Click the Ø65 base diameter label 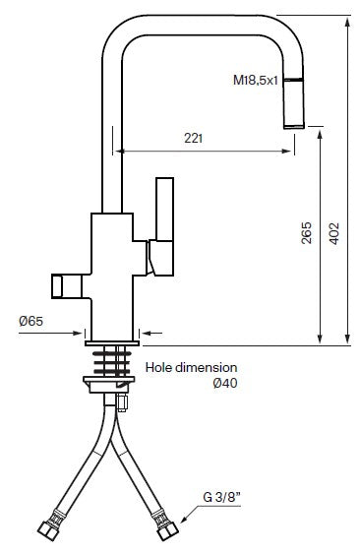pyautogui.click(x=31, y=321)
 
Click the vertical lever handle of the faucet pyautogui.click(x=163, y=224)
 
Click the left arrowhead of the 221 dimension pyautogui.click(x=120, y=152)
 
